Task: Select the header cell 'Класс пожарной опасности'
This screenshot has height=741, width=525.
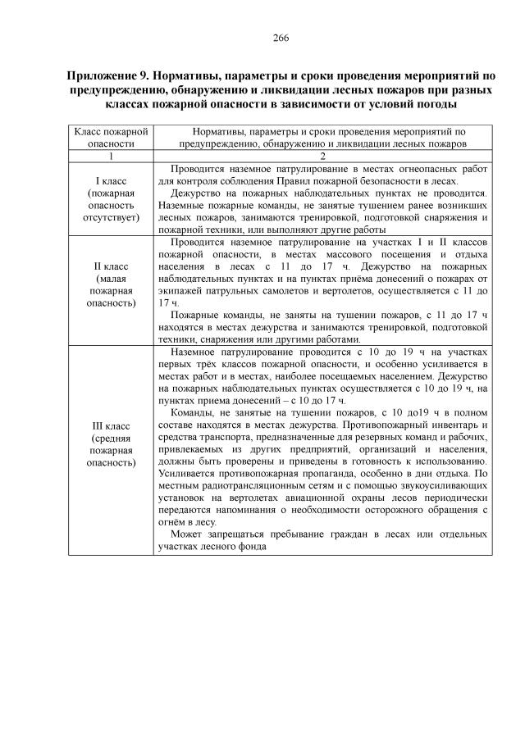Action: click(110, 136)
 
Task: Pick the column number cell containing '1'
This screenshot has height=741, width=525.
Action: click(110, 156)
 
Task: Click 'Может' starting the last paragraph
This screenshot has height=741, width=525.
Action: click(187, 535)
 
